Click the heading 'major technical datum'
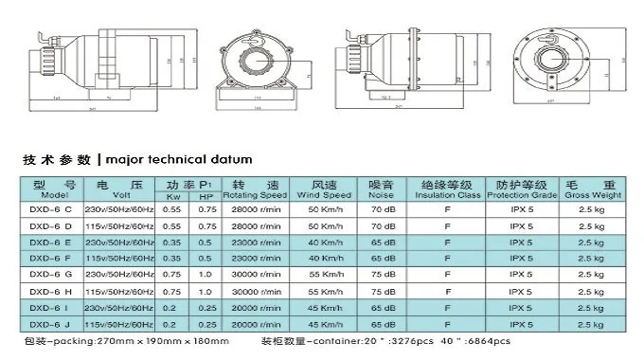tap(178, 159)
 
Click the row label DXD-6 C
tap(50, 208)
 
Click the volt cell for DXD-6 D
tap(118, 225)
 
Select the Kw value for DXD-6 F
tap(172, 258)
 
